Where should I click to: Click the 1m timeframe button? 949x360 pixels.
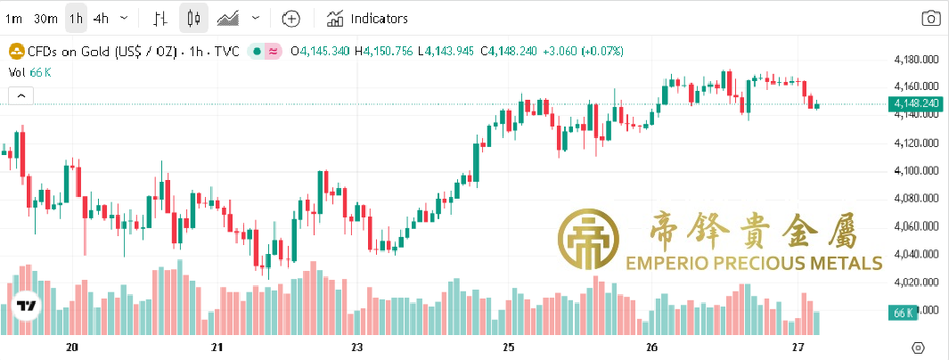14,18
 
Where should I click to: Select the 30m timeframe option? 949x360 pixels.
45,18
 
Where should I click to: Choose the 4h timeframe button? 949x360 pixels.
102,18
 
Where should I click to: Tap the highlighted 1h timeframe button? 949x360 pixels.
77,18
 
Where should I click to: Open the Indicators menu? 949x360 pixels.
367,18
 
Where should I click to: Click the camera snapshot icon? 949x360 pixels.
930,18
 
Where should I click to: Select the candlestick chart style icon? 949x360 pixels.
195,18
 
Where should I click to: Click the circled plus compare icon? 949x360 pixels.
291,18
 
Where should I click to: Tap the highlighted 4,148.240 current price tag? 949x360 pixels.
916,104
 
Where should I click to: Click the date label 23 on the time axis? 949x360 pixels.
357,347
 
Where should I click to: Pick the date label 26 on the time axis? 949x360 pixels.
651,347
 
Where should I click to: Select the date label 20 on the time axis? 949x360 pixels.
72,347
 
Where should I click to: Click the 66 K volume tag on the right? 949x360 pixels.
903,313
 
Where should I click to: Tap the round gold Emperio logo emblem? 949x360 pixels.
588,241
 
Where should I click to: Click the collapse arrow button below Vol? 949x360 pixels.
20,94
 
